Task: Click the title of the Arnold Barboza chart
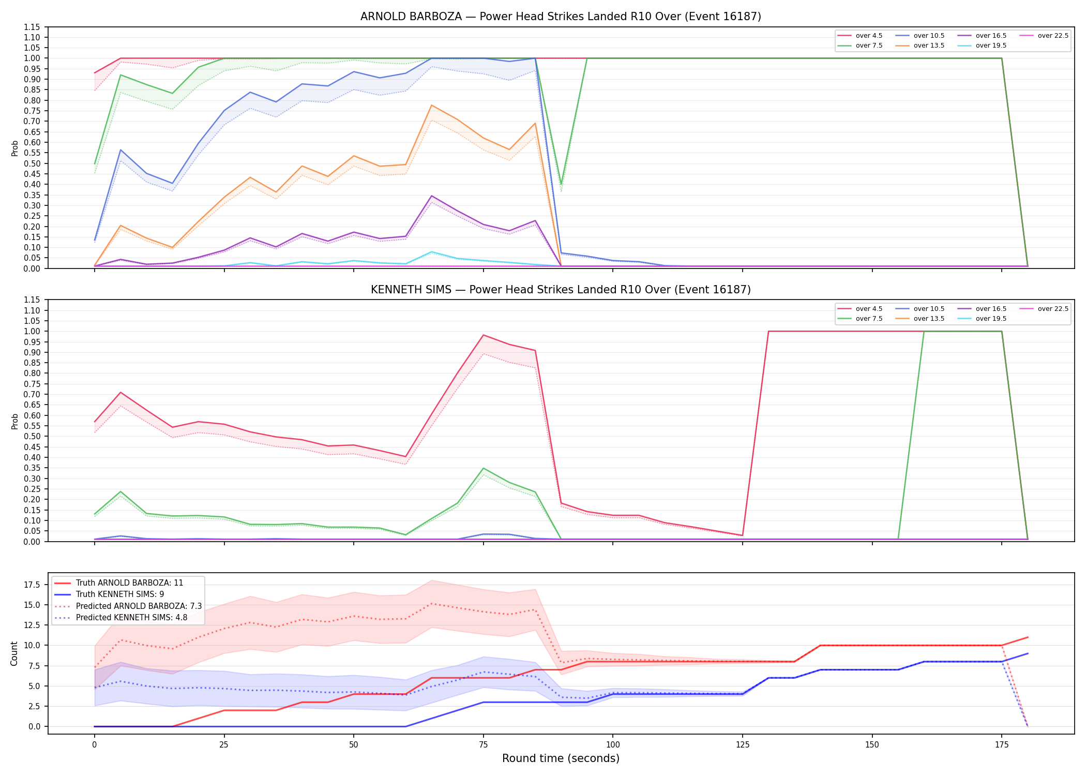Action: [x=561, y=17]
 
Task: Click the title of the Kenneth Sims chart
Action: [x=561, y=290]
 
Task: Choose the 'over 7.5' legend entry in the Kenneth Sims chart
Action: [x=860, y=319]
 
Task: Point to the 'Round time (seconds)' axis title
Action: [x=561, y=758]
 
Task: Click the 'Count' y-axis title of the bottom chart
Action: [x=14, y=653]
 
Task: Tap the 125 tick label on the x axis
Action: [x=743, y=745]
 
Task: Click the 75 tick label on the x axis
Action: [x=483, y=745]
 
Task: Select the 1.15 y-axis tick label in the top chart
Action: [x=32, y=27]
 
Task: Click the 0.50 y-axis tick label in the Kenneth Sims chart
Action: [x=32, y=436]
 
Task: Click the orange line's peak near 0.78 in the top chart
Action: [x=431, y=105]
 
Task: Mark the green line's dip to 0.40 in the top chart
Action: [x=561, y=184]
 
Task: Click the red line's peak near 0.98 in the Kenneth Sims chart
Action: [x=483, y=335]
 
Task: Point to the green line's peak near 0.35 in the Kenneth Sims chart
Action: [x=483, y=468]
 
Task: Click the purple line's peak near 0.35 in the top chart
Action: [x=431, y=196]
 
